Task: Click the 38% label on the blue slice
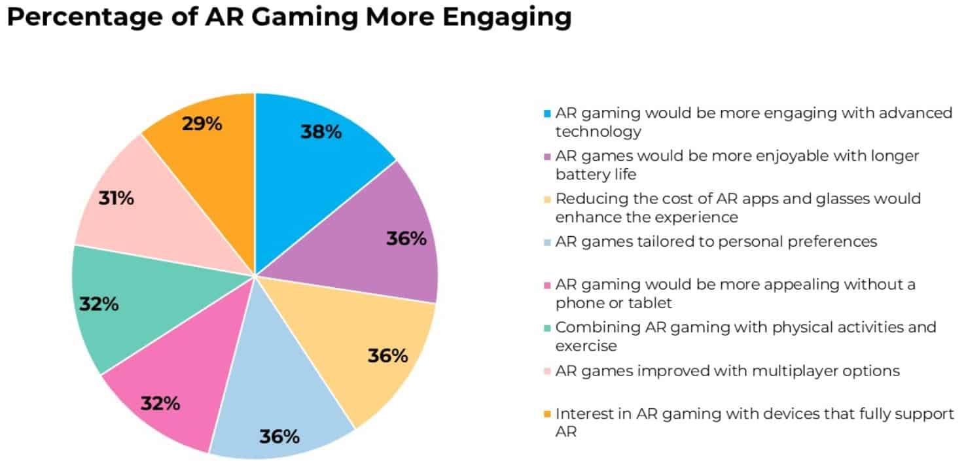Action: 321,132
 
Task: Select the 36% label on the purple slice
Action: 406,239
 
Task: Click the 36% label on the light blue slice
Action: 279,436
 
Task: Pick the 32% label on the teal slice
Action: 99,304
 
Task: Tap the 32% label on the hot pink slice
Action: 160,404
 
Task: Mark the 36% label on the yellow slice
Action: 387,357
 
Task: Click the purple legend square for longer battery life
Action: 547,156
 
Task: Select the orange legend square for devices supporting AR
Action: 547,414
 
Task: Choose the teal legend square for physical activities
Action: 547,327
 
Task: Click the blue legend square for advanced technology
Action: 547,113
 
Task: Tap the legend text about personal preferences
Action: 716,241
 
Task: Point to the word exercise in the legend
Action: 586,345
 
